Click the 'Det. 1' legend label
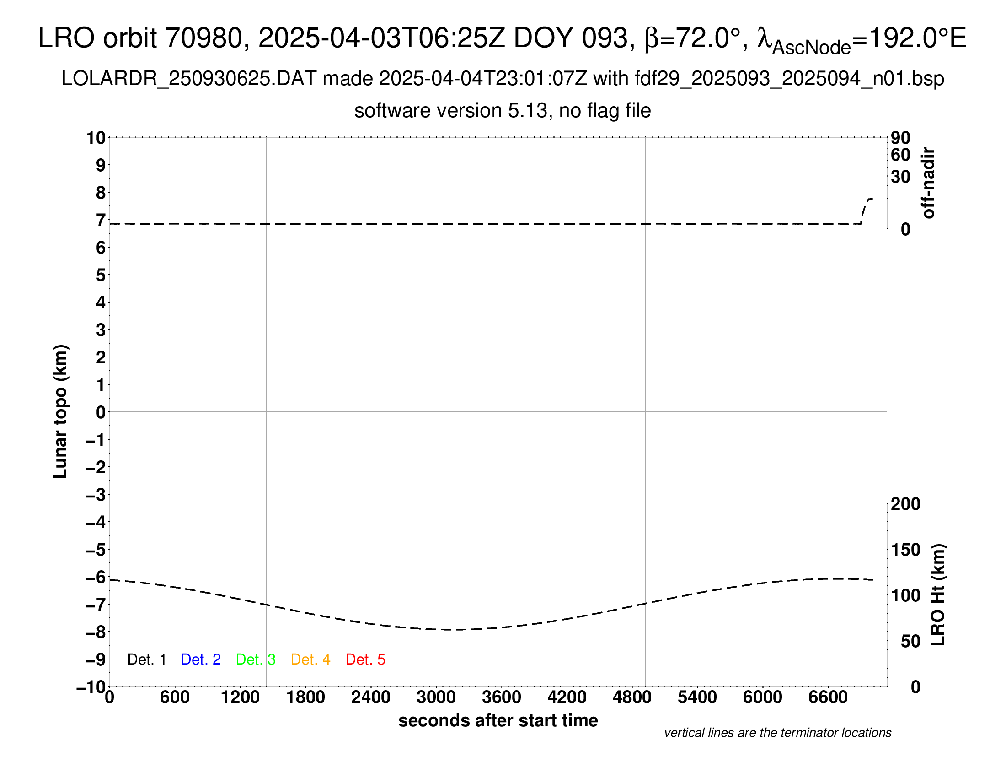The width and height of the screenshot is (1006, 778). (x=146, y=659)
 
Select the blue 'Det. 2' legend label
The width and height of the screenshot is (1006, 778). (x=201, y=659)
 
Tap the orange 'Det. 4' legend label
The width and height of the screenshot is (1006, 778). (x=310, y=659)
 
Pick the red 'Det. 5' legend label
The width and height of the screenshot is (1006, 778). (x=365, y=659)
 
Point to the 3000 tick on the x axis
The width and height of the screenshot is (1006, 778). (x=436, y=697)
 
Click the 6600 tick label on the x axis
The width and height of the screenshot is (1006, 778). (x=828, y=697)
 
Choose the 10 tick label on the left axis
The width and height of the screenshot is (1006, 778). (x=96, y=137)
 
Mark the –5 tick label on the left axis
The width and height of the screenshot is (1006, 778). (x=96, y=550)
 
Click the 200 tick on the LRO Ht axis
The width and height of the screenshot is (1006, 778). (x=905, y=504)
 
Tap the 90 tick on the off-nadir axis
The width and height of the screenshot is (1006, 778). (x=900, y=137)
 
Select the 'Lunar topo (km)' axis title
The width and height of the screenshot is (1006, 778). (x=60, y=411)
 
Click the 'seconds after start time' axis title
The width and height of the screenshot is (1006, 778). (x=498, y=720)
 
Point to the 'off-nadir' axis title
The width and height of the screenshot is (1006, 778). (x=928, y=183)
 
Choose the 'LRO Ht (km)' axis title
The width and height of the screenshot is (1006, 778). (x=938, y=595)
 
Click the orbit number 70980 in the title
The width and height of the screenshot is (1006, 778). (x=203, y=38)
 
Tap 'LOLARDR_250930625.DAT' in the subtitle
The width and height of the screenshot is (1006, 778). (x=189, y=79)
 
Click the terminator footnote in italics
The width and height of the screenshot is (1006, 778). (x=777, y=733)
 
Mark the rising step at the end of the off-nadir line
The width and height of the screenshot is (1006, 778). (x=865, y=210)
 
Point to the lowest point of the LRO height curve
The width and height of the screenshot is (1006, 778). (x=458, y=630)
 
